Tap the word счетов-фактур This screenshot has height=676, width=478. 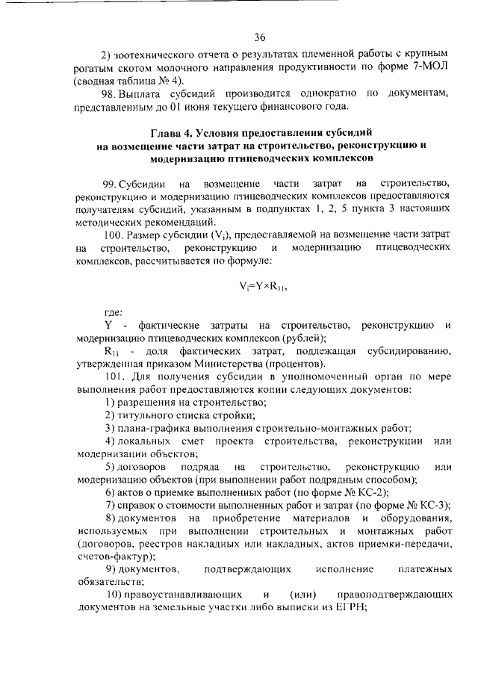(x=114, y=556)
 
